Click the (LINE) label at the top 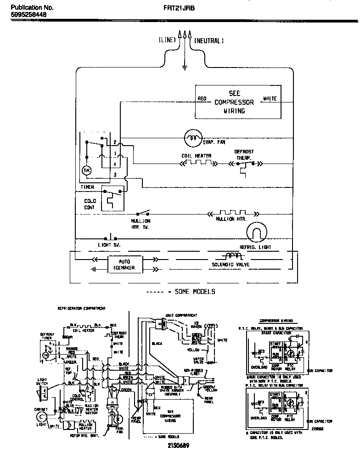(167, 40)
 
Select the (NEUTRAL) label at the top (209, 40)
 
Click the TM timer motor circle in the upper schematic (87, 170)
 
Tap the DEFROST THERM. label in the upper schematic (244, 154)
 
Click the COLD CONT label (90, 204)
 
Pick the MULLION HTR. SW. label (141, 224)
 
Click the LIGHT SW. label (108, 245)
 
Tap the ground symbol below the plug (185, 68)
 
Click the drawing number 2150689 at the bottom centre (177, 446)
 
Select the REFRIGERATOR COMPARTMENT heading (81, 308)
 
